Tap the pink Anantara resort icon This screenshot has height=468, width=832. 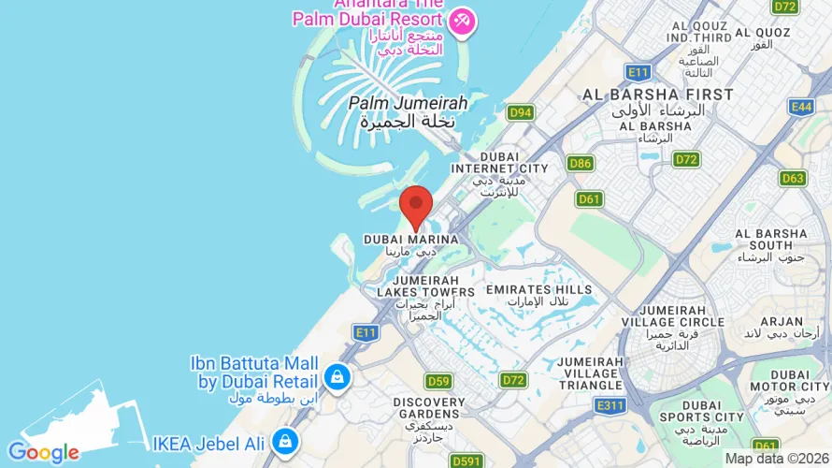point(461,22)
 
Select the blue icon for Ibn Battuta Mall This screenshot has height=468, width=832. point(337,377)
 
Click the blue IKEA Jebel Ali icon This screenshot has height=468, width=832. point(286,441)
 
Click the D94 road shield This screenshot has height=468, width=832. point(521,112)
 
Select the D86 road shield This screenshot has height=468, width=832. point(581,164)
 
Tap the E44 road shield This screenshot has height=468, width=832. point(801,107)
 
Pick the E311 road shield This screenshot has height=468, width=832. point(610,404)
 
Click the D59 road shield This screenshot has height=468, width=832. point(438,381)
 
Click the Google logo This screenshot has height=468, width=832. point(43,453)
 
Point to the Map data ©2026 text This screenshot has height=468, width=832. point(776,459)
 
